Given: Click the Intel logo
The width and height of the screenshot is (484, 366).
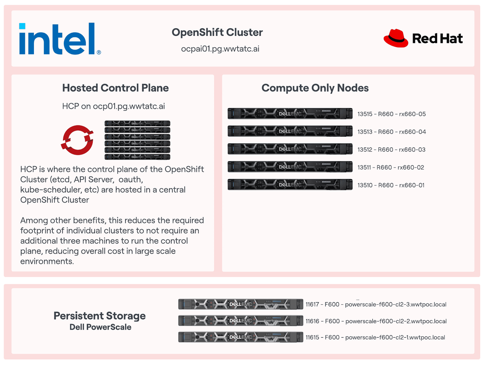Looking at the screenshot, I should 60,39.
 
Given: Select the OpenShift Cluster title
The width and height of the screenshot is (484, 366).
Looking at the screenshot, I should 217,32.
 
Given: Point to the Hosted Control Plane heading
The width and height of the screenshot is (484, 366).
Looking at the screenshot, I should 115,88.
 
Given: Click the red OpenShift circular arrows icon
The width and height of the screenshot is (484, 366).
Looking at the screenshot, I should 78,138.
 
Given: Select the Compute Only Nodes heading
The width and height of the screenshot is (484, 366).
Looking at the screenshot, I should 315,88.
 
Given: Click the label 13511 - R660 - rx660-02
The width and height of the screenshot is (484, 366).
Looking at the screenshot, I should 390,167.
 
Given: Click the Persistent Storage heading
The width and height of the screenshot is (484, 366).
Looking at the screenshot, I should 100,316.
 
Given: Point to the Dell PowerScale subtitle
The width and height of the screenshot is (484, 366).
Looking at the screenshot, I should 100,327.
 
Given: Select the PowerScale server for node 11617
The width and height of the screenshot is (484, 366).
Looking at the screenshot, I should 240,304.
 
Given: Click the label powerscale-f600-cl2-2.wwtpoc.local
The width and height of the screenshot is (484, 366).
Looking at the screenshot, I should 396,321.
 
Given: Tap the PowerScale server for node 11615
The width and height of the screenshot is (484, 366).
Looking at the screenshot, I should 240,337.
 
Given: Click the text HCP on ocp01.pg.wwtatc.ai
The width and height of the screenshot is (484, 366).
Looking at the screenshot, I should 113,107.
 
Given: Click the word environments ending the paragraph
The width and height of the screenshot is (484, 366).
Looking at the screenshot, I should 46,261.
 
